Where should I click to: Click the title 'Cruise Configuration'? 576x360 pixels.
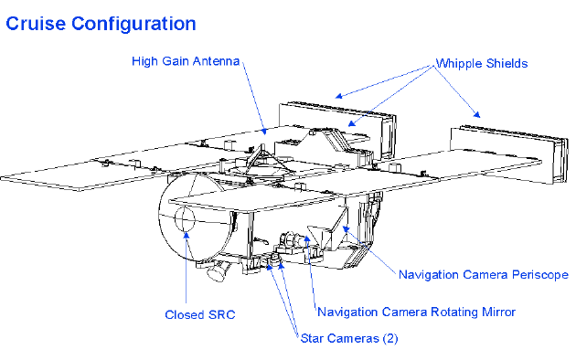click(x=101, y=24)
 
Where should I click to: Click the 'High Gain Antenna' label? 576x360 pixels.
click(x=186, y=61)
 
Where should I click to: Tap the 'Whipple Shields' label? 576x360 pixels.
click(x=482, y=63)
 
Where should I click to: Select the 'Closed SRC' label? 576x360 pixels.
click(x=200, y=315)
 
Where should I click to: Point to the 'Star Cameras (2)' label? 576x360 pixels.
click(x=349, y=338)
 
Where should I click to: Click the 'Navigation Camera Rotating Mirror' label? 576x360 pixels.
click(x=417, y=312)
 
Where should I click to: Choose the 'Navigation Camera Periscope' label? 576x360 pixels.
click(x=484, y=275)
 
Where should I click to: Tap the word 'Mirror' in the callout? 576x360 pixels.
click(x=498, y=312)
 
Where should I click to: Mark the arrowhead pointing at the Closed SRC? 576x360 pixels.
click(x=187, y=235)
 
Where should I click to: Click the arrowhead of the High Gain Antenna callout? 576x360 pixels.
click(x=263, y=131)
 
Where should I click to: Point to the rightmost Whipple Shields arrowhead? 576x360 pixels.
click(x=476, y=114)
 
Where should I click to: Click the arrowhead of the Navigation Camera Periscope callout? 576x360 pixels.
click(x=346, y=229)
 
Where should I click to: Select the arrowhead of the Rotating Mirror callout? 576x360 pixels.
click(x=306, y=238)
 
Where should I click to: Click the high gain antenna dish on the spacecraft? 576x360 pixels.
click(x=259, y=171)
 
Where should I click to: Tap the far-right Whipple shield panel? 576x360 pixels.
click(x=508, y=154)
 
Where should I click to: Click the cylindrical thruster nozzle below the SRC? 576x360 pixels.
click(x=219, y=270)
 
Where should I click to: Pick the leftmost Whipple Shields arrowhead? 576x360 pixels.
click(x=339, y=96)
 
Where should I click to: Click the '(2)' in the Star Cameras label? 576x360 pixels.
click(x=390, y=338)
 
